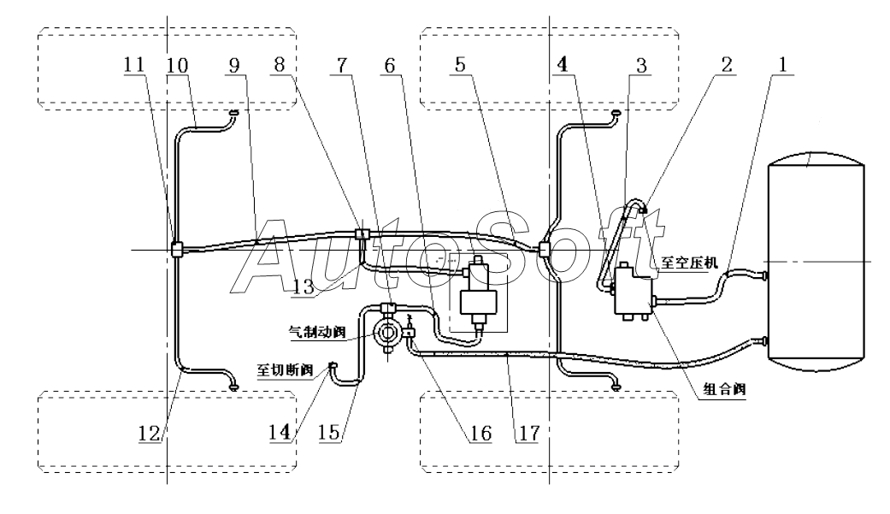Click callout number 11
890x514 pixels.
point(134,64)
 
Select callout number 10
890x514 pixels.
point(177,65)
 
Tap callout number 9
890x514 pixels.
point(234,65)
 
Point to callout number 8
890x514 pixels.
point(279,65)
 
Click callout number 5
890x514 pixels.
point(460,64)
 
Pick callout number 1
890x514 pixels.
point(783,64)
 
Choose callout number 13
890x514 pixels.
point(304,287)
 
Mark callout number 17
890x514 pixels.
point(528,434)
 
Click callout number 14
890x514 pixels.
point(280,433)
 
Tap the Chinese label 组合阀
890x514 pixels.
point(724,390)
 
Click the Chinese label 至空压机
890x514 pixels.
point(690,263)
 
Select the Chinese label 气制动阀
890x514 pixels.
point(317,332)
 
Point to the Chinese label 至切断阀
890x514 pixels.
point(285,370)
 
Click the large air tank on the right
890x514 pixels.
point(816,261)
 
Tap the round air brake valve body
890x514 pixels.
point(388,332)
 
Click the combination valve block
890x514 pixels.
point(634,291)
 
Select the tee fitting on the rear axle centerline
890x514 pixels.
point(176,250)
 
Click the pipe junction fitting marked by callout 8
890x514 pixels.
point(362,233)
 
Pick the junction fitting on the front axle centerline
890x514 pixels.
point(545,249)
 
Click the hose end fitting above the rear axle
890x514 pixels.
point(233,112)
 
